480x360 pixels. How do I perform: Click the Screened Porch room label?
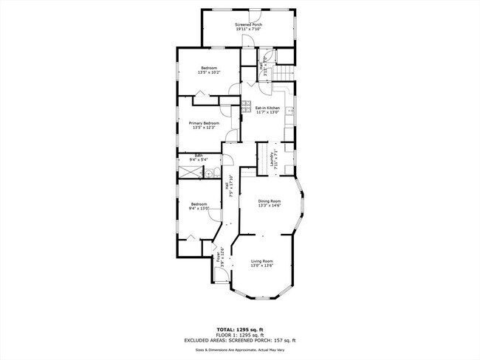click(249, 24)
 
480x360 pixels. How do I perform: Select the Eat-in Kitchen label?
click(267, 108)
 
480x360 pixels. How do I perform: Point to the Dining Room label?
click(270, 201)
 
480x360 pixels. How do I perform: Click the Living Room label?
click(261, 261)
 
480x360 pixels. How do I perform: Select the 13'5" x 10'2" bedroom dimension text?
click(208, 72)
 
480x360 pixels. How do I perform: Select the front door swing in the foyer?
click(219, 275)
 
